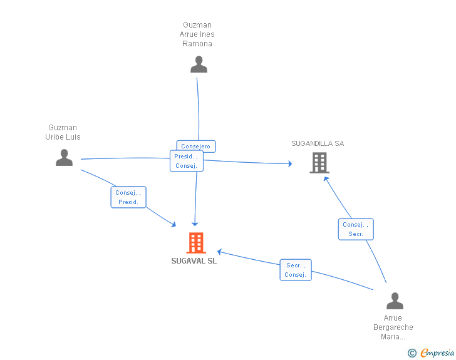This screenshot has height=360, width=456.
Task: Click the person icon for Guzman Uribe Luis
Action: pos(64,158)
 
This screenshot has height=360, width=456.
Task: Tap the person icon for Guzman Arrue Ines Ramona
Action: pos(199,64)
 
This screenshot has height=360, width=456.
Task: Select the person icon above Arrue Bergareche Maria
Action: pos(395,301)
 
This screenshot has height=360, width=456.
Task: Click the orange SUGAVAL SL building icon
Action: pos(196,243)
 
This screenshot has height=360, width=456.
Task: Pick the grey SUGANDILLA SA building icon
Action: pos(319,163)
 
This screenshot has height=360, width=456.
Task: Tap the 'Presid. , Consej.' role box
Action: pos(187,161)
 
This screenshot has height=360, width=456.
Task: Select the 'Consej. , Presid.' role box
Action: pos(128,197)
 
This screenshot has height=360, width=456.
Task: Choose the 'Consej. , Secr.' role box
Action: pos(356,229)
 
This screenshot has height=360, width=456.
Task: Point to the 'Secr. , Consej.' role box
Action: pos(296,270)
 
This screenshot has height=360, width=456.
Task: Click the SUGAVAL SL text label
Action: pos(194,261)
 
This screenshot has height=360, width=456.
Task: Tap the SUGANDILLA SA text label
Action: pos(318,143)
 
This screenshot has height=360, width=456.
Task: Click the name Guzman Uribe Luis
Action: pos(63,132)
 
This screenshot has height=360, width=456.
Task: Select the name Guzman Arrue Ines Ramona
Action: pos(197,34)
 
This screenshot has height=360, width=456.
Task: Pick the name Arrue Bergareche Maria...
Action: pos(393,327)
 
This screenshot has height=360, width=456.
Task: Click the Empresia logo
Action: pos(431,352)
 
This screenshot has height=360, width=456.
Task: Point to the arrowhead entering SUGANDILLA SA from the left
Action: pos(290,163)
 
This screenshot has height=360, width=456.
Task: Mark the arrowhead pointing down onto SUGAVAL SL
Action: pos(195,224)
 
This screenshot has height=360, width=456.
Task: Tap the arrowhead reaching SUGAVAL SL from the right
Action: pos(220,252)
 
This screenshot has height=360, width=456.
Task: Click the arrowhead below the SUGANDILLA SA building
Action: pos(326,179)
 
